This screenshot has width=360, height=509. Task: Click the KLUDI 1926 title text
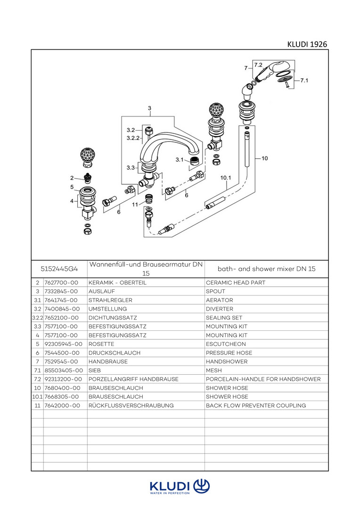[x=307, y=44]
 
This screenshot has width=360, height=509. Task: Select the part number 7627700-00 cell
[x=61, y=282]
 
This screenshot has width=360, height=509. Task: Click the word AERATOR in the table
[x=219, y=300]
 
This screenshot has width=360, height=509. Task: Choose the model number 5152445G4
[x=59, y=269]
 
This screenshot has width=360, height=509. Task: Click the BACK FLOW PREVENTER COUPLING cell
[x=256, y=405]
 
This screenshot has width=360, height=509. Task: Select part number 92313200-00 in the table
[x=63, y=379]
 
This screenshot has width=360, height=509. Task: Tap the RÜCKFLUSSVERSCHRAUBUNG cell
[x=131, y=405]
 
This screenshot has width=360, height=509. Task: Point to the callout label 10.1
[x=226, y=178]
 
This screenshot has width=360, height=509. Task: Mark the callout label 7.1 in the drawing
[x=304, y=81]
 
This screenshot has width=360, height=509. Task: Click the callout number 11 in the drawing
[x=135, y=204]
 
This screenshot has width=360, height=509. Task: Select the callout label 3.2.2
[x=133, y=138]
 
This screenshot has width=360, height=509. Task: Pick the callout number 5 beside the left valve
[x=72, y=187]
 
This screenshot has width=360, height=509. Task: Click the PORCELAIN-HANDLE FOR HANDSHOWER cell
[x=263, y=379]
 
